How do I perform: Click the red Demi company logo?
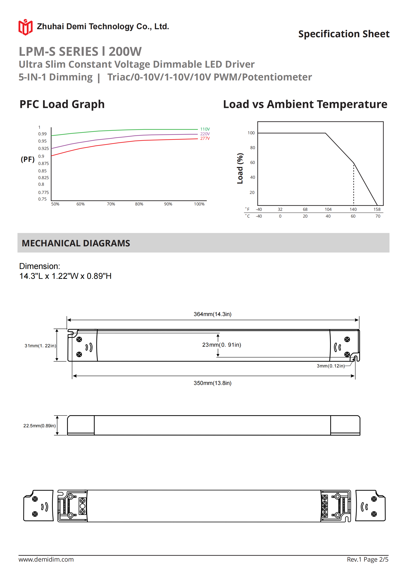pyautogui.click(x=25, y=27)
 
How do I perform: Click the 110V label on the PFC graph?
pyautogui.click(x=205, y=129)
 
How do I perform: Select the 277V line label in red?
pyautogui.click(x=205, y=138)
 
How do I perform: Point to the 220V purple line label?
pyautogui.click(x=205, y=134)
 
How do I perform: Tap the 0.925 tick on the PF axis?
pyautogui.click(x=43, y=148)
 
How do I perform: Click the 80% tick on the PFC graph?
pyautogui.click(x=139, y=204)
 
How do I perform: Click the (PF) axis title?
pyautogui.click(x=28, y=159)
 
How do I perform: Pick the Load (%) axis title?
pyautogui.click(x=240, y=168)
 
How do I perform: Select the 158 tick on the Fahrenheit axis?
pyautogui.click(x=377, y=209)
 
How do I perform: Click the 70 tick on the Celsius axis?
pyautogui.click(x=378, y=216)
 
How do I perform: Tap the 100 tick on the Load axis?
pyautogui.click(x=251, y=133)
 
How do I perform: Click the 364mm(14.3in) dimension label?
pyautogui.click(x=212, y=314)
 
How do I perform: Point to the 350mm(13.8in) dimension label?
pyautogui.click(x=212, y=383)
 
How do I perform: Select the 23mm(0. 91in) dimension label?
pyautogui.click(x=221, y=345)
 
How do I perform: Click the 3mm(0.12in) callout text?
pyautogui.click(x=330, y=366)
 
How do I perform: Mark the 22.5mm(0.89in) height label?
pyautogui.click(x=39, y=426)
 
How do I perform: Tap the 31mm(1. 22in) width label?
pyautogui.click(x=40, y=346)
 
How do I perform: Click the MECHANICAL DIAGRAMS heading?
pyautogui.click(x=76, y=243)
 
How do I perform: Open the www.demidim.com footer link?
pyautogui.click(x=46, y=559)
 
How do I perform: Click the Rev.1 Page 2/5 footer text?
pyautogui.click(x=367, y=559)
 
